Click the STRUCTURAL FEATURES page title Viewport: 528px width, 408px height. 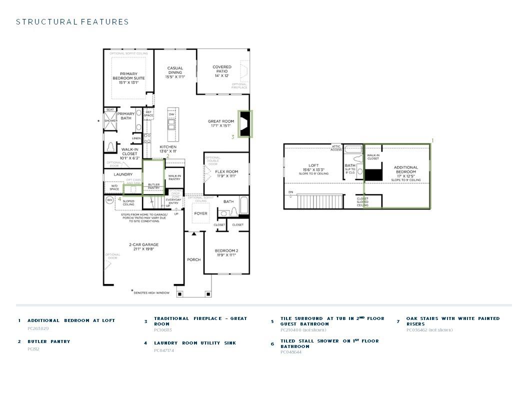[72, 22]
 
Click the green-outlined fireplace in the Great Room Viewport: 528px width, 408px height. [245, 124]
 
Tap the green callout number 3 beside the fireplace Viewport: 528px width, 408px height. [232, 137]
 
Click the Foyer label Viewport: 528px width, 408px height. [200, 213]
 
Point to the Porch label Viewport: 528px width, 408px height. [193, 259]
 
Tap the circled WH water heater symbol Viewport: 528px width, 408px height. [109, 200]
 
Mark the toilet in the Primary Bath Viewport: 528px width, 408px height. [110, 147]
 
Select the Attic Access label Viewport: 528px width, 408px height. [336, 148]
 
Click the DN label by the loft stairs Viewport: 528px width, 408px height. [290, 192]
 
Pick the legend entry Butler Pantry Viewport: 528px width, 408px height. [48, 341]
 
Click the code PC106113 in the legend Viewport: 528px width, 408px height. [162, 330]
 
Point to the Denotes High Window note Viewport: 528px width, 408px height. [150, 292]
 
